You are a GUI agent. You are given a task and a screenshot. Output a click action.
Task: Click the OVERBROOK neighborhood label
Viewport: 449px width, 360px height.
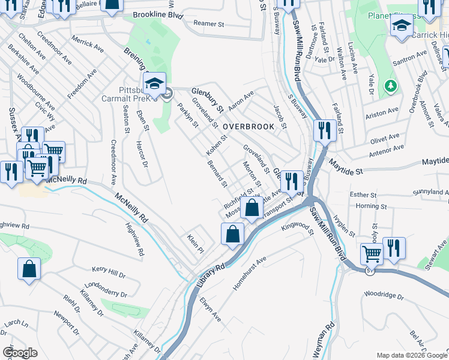[248, 127]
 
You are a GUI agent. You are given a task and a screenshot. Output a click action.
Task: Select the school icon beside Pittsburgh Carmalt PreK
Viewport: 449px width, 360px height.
[155, 83]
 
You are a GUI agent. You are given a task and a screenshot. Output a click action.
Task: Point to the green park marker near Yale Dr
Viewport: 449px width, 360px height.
[391, 86]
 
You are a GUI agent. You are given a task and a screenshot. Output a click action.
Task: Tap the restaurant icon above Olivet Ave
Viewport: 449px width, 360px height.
[325, 130]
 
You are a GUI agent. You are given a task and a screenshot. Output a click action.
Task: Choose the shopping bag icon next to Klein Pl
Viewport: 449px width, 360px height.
[232, 233]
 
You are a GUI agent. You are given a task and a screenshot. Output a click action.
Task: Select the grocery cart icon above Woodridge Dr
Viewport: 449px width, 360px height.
[372, 254]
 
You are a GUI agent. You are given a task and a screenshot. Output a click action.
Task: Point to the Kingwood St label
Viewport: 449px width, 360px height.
[297, 228]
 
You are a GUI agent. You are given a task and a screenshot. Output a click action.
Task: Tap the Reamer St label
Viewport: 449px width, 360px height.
[211, 23]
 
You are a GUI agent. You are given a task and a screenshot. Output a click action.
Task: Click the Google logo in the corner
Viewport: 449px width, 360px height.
[20, 352]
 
